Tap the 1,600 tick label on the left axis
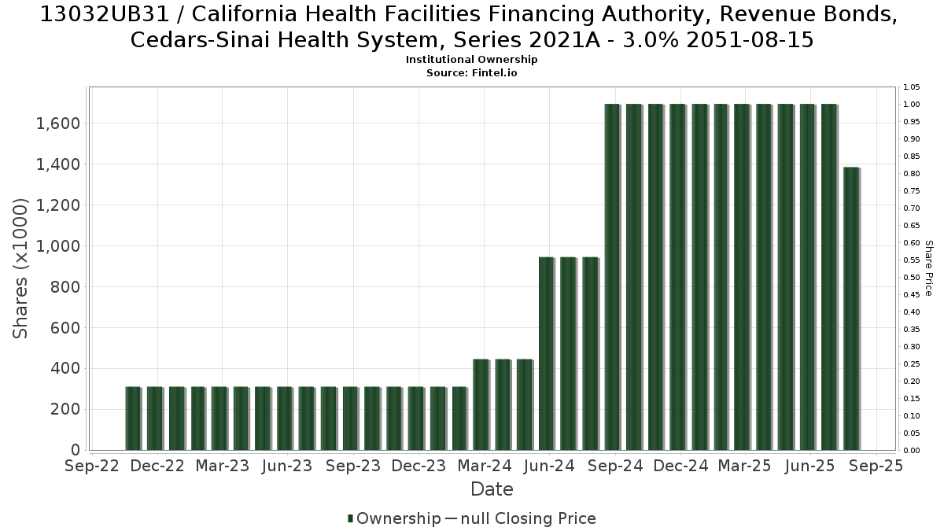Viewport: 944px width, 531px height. click(57, 124)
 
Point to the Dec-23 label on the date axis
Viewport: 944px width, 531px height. click(419, 466)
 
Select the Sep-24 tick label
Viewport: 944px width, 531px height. click(615, 466)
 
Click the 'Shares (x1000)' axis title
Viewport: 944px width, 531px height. click(20, 268)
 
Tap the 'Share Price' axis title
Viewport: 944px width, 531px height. click(929, 268)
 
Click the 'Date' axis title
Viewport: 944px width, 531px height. click(492, 489)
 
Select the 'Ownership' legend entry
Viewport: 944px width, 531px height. click(393, 518)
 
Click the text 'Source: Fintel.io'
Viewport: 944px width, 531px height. click(471, 73)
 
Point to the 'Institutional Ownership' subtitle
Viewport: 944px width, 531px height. click(471, 60)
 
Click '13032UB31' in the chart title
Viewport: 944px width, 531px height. click(105, 14)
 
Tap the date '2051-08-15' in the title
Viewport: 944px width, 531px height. click(750, 40)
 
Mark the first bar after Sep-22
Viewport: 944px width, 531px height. click(133, 419)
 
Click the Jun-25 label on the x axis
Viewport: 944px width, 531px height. click(809, 466)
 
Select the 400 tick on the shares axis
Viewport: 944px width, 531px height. click(65, 369)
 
